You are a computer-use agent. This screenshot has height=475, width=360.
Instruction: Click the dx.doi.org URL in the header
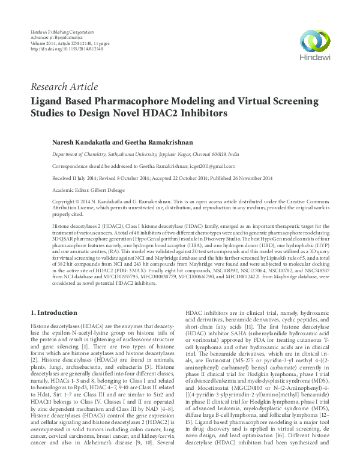(x=66, y=49)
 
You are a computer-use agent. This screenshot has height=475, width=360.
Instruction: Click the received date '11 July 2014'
(x=86, y=176)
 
